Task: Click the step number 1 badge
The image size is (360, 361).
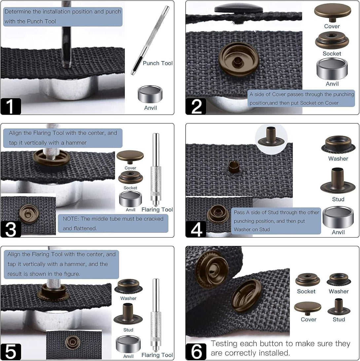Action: point(11,106)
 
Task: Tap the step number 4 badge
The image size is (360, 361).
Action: point(196,229)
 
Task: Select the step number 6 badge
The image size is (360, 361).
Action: point(196,351)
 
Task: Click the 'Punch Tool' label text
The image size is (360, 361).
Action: point(158,63)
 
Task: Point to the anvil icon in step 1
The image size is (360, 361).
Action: point(150,94)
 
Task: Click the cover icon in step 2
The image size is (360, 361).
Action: point(332,12)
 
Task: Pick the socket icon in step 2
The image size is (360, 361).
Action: point(332,40)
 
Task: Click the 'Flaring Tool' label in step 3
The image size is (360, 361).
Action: point(157,210)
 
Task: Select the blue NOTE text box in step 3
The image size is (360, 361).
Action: point(113,223)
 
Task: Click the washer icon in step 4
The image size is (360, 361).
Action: point(338,144)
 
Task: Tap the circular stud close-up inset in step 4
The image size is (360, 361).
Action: point(271,137)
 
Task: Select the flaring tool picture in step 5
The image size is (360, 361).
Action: point(156,314)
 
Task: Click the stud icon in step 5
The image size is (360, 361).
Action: point(128,314)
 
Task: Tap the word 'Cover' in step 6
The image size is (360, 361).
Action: point(308,319)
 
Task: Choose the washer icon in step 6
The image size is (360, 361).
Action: point(339,280)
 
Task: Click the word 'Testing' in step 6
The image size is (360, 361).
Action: point(224,344)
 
